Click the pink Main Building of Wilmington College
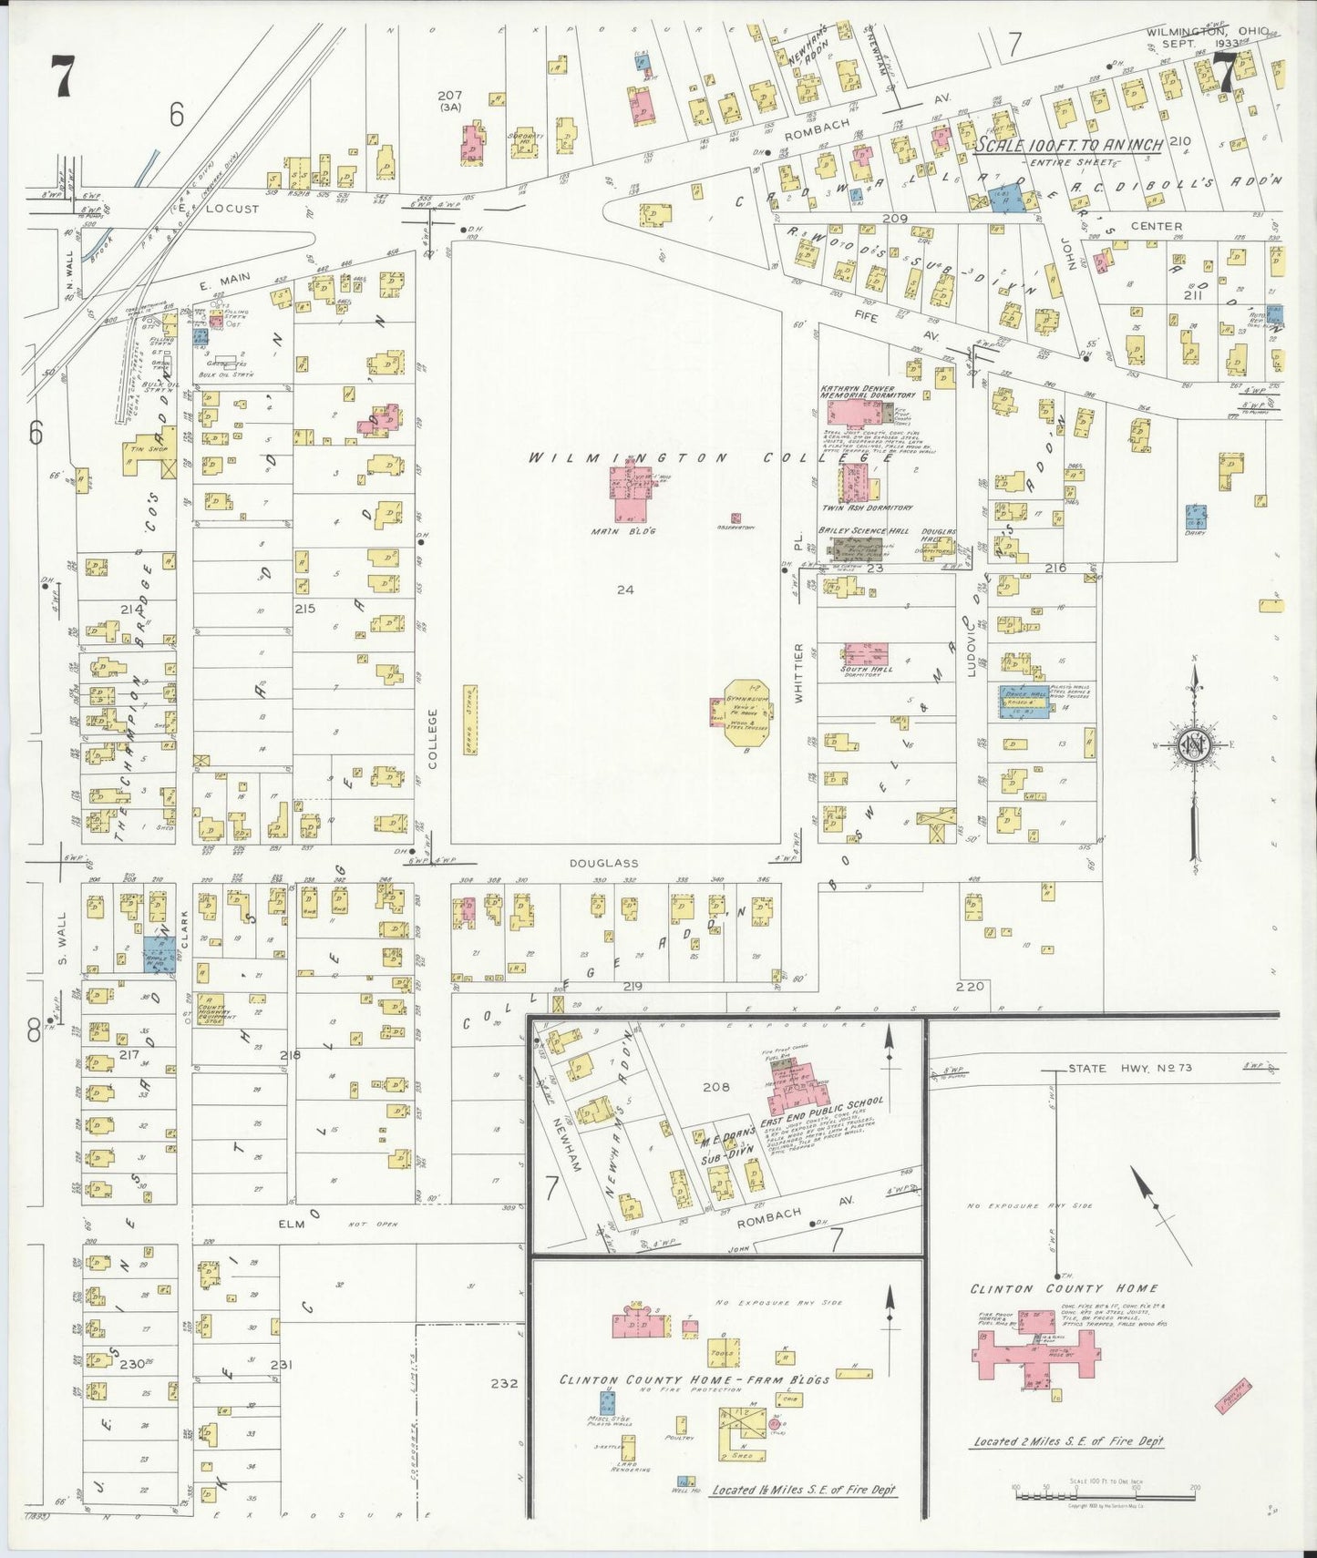(629, 496)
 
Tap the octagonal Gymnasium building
(746, 712)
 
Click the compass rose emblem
(1195, 745)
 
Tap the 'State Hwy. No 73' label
(1130, 1068)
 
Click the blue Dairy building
(1196, 517)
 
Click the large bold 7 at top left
(61, 76)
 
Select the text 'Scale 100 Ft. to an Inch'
(1068, 145)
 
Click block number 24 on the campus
(624, 589)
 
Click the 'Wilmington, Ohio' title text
(1206, 32)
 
